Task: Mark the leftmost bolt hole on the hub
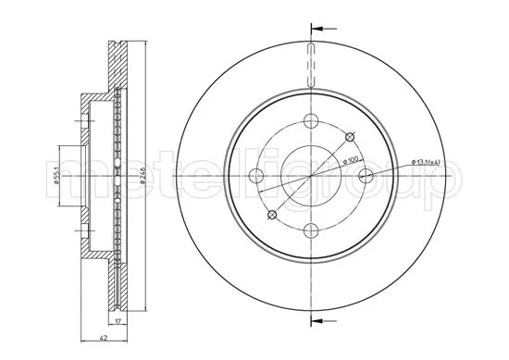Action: tap(258, 176)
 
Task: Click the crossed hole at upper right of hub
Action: tap(350, 137)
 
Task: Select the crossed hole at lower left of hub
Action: tap(272, 215)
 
